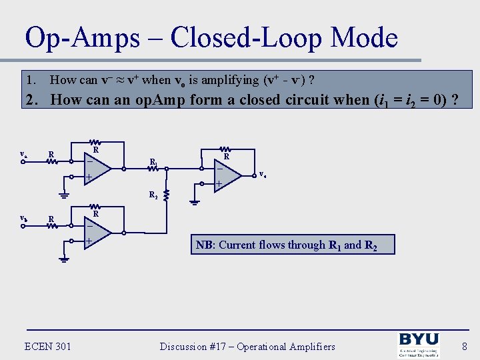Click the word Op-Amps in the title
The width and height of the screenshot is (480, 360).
pyautogui.click(x=82, y=39)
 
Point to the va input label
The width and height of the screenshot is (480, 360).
pyautogui.click(x=23, y=155)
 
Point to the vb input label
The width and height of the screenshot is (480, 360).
pyautogui.click(x=23, y=218)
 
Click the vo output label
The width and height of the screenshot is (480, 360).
pyautogui.click(x=263, y=175)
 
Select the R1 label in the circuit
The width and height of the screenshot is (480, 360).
pyautogui.click(x=153, y=162)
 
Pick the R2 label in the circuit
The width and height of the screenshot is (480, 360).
pyautogui.click(x=153, y=195)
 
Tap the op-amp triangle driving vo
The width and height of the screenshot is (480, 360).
pyautogui.click(x=227, y=174)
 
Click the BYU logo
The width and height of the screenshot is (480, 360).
pyautogui.click(x=418, y=344)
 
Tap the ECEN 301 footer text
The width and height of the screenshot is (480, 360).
pyautogui.click(x=47, y=346)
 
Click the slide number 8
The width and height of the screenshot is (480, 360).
pyautogui.click(x=464, y=346)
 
